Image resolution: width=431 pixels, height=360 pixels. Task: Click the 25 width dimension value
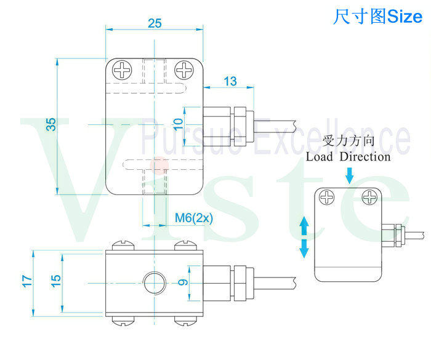click(155, 23)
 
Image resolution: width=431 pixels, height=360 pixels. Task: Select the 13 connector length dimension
click(230, 81)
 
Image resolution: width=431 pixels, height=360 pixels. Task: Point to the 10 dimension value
click(178, 122)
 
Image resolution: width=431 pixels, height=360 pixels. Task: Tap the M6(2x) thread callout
click(193, 218)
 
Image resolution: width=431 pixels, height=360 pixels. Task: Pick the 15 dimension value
click(55, 279)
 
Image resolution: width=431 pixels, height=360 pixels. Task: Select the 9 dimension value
click(183, 283)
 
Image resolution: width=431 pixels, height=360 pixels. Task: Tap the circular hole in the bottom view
click(153, 284)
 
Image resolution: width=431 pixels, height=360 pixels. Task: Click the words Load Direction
click(348, 157)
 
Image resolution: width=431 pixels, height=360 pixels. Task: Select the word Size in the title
click(405, 17)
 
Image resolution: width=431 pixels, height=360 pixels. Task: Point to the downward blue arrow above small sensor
click(350, 177)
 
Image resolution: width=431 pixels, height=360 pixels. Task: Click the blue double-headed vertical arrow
click(304, 237)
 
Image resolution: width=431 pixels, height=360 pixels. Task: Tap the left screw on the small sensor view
click(326, 198)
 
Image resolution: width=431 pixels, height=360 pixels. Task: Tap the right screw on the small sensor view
click(370, 198)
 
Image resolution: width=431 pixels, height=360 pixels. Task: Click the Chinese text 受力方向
click(348, 141)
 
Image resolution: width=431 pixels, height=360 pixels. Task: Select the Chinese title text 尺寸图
click(360, 17)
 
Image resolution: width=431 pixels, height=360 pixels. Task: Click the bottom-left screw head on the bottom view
click(121, 320)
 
